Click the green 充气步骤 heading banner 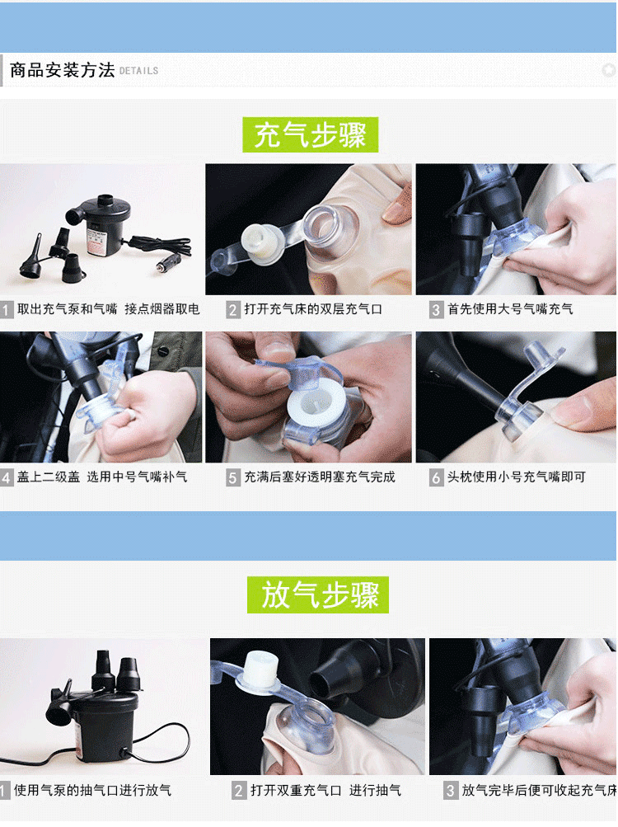310,134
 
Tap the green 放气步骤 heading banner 318,594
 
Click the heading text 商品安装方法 63,70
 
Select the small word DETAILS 138,71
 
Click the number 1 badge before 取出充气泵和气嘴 7,309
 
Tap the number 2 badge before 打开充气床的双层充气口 233,309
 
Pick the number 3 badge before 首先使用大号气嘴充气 436,309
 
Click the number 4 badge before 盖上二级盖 7,478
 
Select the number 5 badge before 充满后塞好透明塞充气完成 233,478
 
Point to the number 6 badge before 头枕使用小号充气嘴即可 436,478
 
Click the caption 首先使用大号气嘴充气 510,309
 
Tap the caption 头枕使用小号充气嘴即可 516,477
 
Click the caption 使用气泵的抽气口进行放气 92,790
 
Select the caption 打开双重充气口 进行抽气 325,790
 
